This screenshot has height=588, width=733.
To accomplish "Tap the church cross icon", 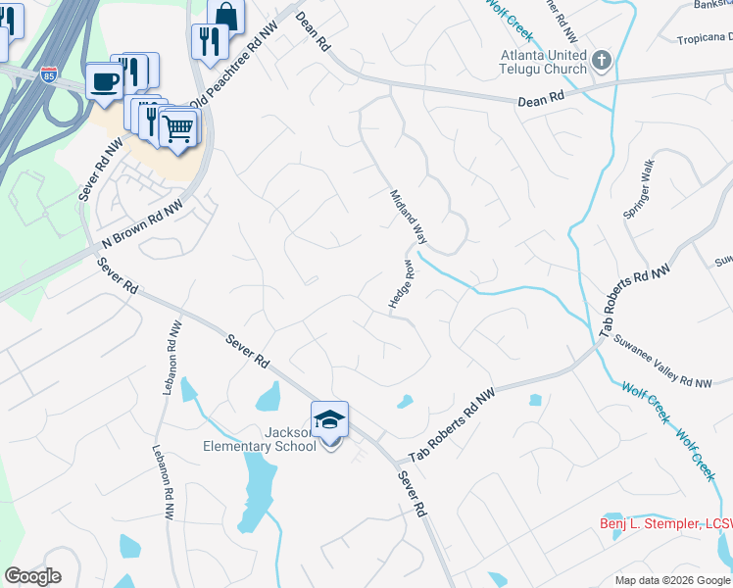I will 603,62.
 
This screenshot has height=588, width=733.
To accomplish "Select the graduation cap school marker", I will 329,420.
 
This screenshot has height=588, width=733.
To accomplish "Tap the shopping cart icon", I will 178,127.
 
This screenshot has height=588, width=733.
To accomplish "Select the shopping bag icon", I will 225,16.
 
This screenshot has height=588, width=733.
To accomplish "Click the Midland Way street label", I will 409,217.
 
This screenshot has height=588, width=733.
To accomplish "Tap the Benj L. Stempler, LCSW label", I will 665,524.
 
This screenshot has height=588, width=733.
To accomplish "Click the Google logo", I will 32,576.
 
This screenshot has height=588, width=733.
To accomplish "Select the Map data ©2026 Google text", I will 672,580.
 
